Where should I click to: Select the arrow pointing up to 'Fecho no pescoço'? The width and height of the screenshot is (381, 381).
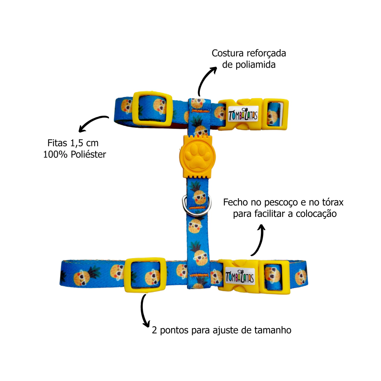259,240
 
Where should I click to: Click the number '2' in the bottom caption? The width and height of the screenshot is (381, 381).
154,330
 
